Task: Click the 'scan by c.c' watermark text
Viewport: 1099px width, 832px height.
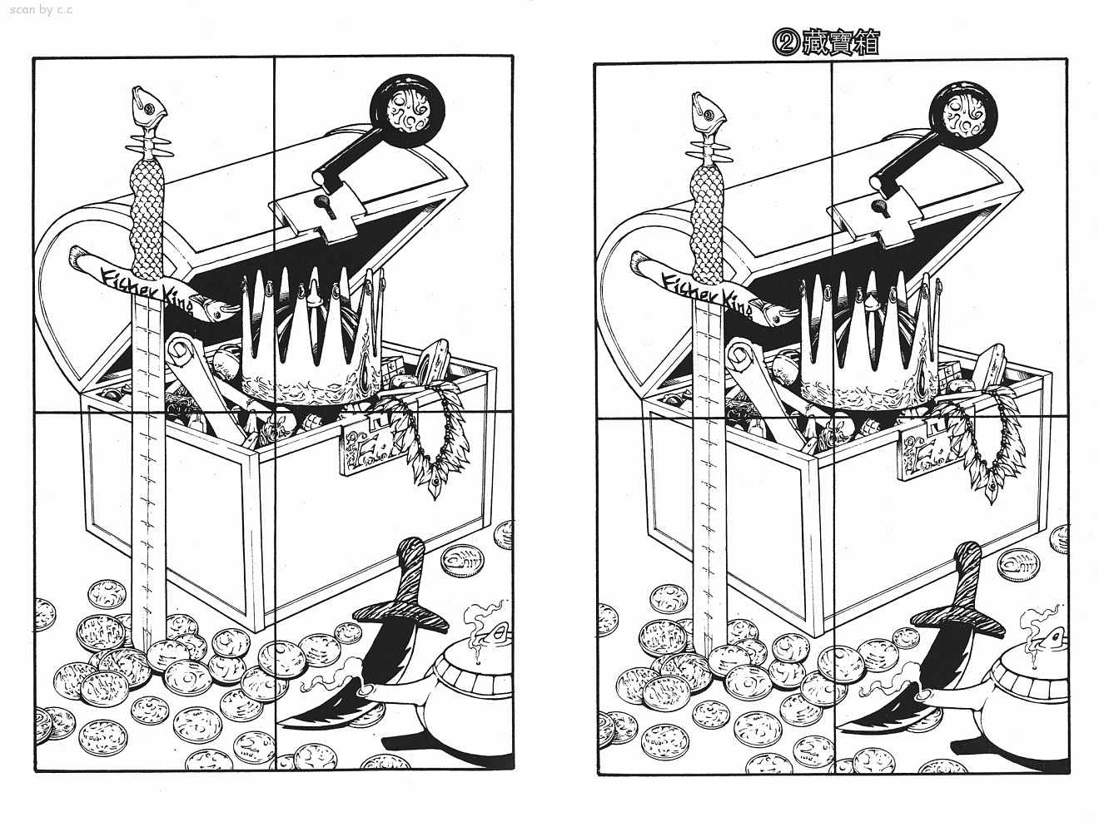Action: point(41,9)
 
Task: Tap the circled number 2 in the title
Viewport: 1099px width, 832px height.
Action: point(787,43)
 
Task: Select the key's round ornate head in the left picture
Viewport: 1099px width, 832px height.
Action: point(407,111)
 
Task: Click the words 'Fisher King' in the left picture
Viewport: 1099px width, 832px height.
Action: point(147,292)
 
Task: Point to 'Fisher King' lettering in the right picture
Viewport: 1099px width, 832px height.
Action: point(707,297)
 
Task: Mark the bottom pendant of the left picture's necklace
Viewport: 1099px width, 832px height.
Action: point(435,486)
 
